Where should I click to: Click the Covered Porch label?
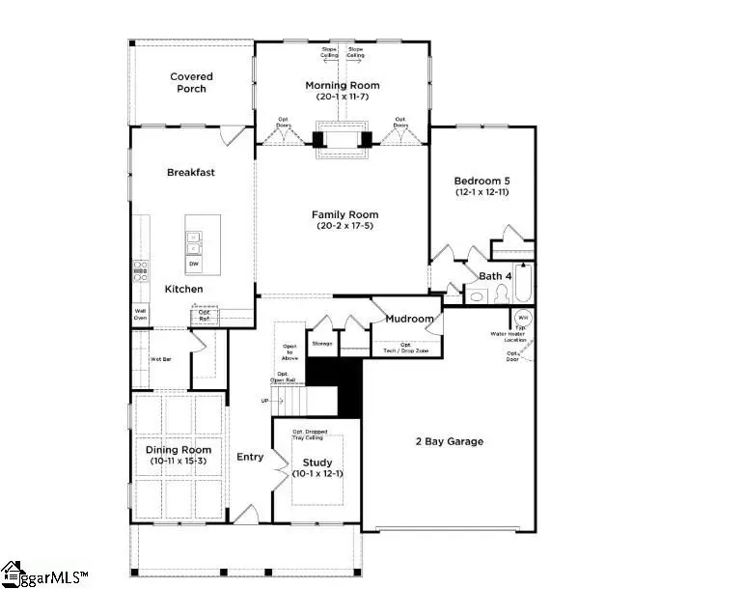click(191, 83)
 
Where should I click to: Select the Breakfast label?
click(190, 173)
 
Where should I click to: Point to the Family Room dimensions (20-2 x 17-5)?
click(344, 226)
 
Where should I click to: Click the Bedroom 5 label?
click(482, 180)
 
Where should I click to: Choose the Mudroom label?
click(408, 319)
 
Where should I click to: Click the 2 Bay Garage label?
click(451, 441)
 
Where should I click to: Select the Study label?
click(316, 463)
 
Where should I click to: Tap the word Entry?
click(250, 457)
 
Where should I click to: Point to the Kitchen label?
click(183, 290)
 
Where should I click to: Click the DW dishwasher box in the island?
click(194, 265)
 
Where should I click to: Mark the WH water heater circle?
click(523, 318)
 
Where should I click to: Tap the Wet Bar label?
click(160, 358)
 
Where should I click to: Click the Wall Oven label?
click(140, 314)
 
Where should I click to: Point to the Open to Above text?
click(289, 351)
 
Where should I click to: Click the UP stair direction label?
click(264, 400)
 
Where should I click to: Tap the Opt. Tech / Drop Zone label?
click(405, 348)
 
